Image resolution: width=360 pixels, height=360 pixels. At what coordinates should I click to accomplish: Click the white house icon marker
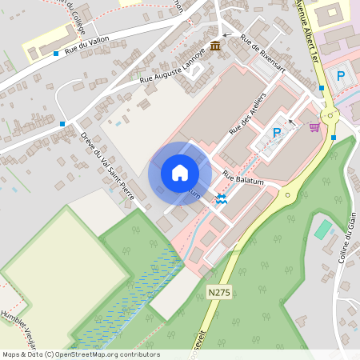[180, 172]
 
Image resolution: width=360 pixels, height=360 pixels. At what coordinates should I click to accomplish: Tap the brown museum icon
[215, 45]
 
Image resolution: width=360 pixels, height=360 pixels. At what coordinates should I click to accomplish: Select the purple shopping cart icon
[314, 126]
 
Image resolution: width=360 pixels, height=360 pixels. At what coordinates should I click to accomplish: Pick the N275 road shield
[218, 293]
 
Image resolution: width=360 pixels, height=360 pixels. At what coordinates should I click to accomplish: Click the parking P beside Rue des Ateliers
[277, 133]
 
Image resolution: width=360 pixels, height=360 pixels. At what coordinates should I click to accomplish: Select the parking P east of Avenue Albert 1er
[341, 75]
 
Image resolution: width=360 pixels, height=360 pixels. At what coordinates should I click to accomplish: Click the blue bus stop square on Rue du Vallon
[56, 54]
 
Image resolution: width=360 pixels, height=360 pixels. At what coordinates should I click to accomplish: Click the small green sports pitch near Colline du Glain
[322, 230]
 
